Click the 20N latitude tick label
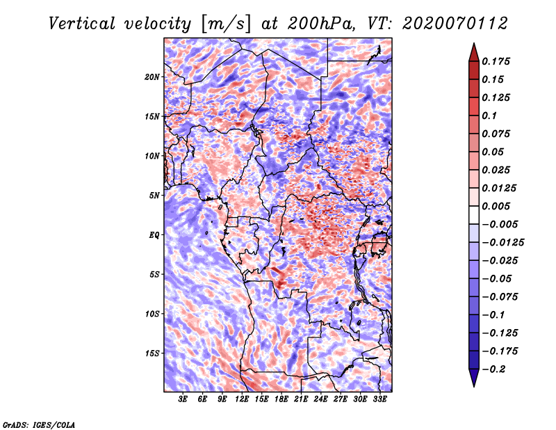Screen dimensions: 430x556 153,77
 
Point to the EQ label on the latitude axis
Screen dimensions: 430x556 154,235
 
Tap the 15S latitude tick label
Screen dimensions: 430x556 153,353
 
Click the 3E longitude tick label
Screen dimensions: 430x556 183,399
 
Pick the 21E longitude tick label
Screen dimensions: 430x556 300,399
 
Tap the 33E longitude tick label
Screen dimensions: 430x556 379,399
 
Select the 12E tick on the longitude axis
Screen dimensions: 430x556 242,399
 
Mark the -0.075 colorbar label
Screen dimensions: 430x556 500,296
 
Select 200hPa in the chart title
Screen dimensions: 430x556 322,24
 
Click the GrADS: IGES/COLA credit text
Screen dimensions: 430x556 38,424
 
